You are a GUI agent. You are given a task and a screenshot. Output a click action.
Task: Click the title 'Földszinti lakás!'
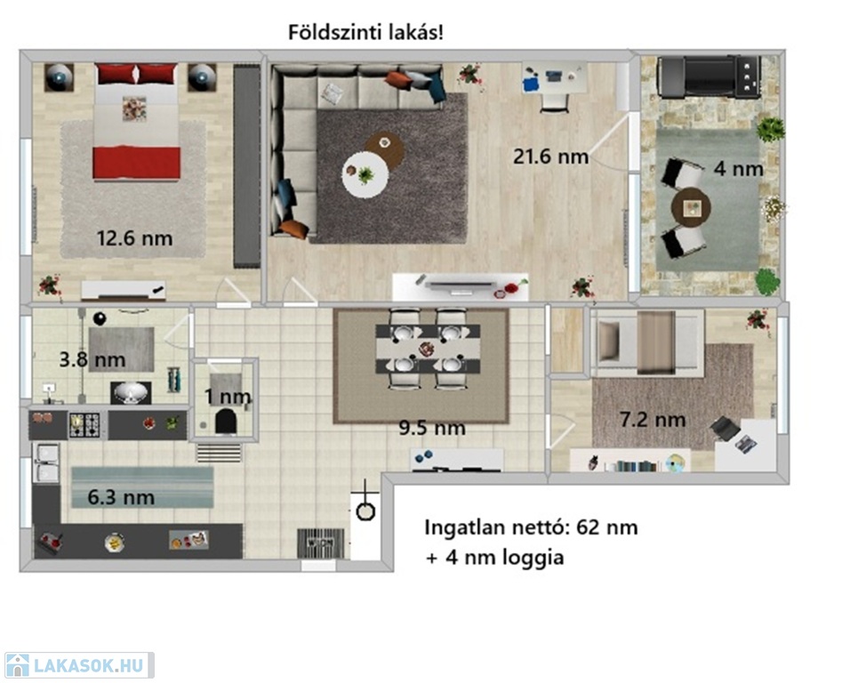pyautogui.click(x=365, y=33)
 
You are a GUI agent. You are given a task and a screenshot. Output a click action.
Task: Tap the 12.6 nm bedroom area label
pyautogui.click(x=134, y=238)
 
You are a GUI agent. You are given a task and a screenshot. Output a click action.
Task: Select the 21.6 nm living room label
pyautogui.click(x=550, y=157)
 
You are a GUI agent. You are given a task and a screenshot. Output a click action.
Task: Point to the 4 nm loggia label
pyautogui.click(x=738, y=169)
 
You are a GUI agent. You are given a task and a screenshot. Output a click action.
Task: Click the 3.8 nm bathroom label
pyautogui.click(x=92, y=359)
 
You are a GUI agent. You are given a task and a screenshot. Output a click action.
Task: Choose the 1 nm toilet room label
pyautogui.click(x=228, y=397)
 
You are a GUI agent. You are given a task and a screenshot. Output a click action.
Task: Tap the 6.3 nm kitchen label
pyautogui.click(x=121, y=497)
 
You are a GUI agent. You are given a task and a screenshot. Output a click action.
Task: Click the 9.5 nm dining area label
pyautogui.click(x=432, y=428)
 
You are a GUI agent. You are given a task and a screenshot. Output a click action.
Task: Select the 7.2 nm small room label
pyautogui.click(x=652, y=419)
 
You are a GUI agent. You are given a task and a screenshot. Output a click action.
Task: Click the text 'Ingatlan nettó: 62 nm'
pyautogui.click(x=531, y=526)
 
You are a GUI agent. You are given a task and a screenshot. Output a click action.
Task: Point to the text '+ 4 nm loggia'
pyautogui.click(x=494, y=558)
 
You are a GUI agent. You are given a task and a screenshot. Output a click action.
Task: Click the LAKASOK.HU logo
pyautogui.click(x=78, y=665)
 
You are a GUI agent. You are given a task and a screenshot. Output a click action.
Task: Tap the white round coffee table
pyautogui.click(x=365, y=174)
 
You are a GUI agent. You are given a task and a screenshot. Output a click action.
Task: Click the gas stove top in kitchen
pyautogui.click(x=84, y=425)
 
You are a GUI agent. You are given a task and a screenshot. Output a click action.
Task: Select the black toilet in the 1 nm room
pyautogui.click(x=226, y=422)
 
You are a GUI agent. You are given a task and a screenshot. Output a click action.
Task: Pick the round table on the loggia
pyautogui.click(x=691, y=207)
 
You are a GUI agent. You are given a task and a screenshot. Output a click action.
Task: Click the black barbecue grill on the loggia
pyautogui.click(x=709, y=76)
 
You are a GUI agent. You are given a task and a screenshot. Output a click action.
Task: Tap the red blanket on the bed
pyautogui.click(x=137, y=163)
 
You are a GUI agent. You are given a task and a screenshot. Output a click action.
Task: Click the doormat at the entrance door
pyautogui.click(x=320, y=542)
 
